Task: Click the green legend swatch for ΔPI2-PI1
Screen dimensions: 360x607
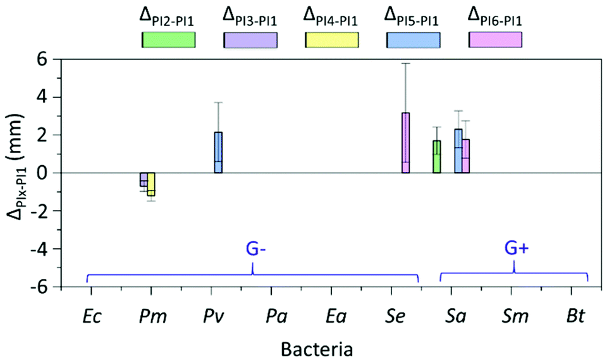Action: tap(168, 40)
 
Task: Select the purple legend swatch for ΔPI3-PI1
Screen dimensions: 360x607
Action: tap(250, 40)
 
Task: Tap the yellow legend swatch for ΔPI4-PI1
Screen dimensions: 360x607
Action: tap(332, 40)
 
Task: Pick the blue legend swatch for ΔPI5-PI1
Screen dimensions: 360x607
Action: tap(414, 40)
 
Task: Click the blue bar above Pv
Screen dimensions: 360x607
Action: tap(218, 152)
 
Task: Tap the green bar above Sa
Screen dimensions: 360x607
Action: tap(437, 157)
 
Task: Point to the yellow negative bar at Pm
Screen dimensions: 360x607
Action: tap(151, 184)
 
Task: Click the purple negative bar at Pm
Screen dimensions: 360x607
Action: tap(144, 180)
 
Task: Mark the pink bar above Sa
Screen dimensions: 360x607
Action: tap(465, 156)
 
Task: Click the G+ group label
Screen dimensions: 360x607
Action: tap(517, 249)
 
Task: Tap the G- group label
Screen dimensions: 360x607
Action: tap(255, 249)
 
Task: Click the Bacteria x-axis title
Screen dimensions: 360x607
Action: tap(318, 348)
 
